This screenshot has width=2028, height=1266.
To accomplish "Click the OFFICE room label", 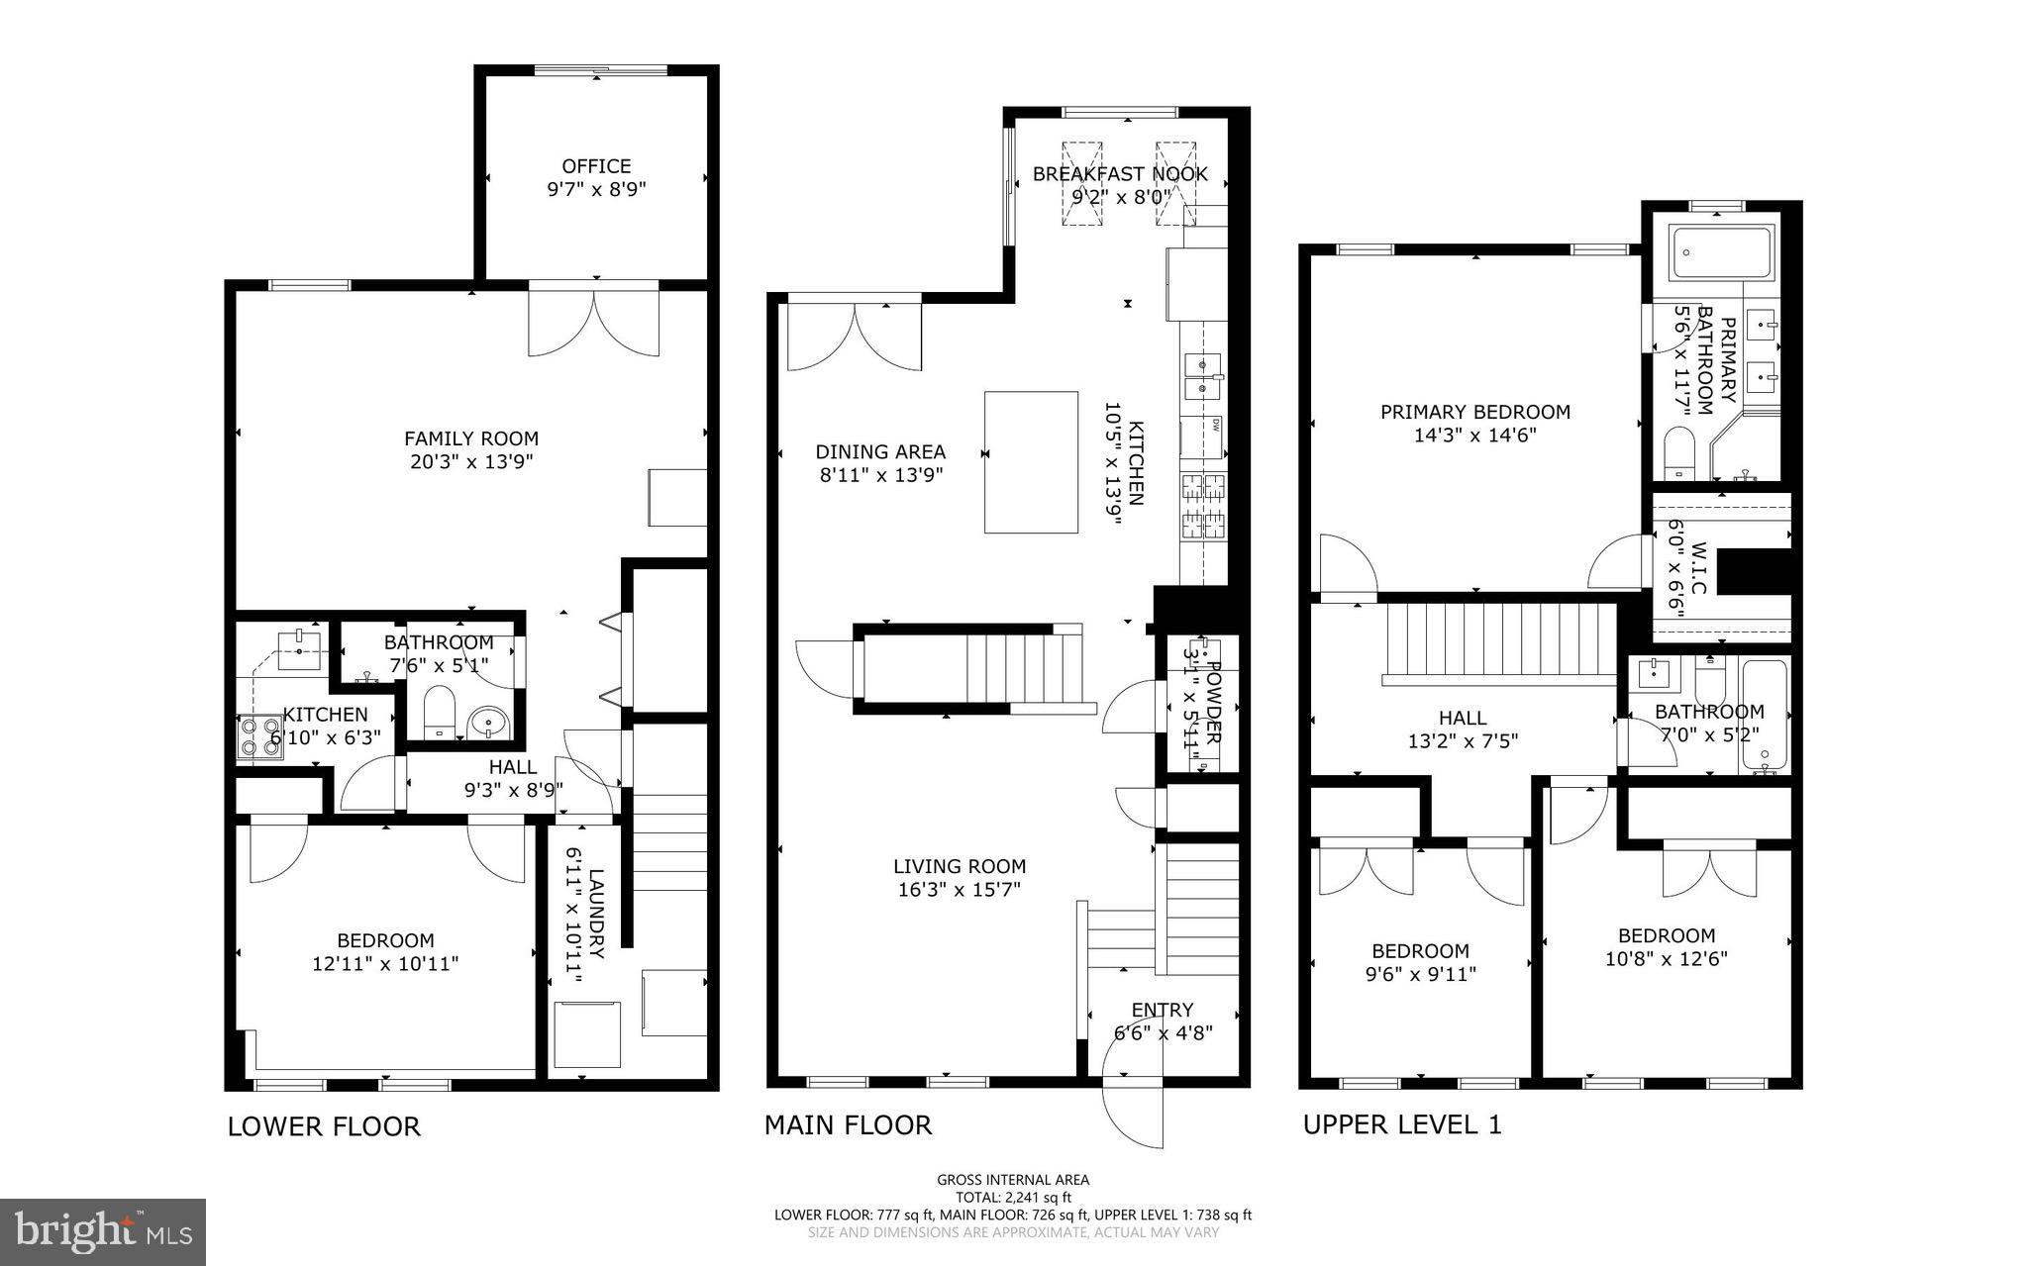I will click(x=596, y=166).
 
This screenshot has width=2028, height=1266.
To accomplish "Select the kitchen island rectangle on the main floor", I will click(x=1031, y=462).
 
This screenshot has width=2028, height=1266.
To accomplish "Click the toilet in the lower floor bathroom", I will click(x=438, y=712).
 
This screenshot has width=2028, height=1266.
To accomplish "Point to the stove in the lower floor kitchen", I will click(x=259, y=737).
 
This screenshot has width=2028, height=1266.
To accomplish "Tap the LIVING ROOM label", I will click(x=959, y=866).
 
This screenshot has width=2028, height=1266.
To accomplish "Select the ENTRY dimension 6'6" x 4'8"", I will click(x=1163, y=1032).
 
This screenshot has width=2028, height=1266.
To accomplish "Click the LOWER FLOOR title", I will click(x=324, y=1126).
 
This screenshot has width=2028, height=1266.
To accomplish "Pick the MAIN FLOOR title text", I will click(x=848, y=1124).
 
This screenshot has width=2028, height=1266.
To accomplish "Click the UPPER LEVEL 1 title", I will click(x=1402, y=1124).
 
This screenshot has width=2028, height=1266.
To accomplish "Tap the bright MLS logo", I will click(x=103, y=1231).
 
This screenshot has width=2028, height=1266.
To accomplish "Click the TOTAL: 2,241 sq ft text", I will click(x=1013, y=1197).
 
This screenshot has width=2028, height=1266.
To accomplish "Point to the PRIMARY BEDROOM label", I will click(x=1475, y=412).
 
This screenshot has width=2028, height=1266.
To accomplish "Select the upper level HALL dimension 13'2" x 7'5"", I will click(x=1463, y=740).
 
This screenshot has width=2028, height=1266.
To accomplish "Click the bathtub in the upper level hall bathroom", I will click(x=1765, y=716).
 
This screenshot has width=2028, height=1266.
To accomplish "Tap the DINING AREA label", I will click(x=880, y=451).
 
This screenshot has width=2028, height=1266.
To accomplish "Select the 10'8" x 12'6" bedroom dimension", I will click(x=1666, y=958).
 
